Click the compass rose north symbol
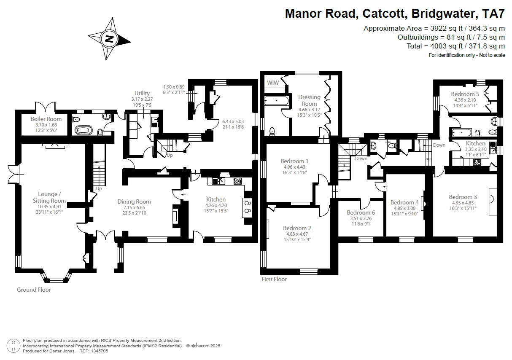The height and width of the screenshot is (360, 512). click(109, 39)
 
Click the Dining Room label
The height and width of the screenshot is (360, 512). click(134, 201)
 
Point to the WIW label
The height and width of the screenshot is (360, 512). click(273, 83)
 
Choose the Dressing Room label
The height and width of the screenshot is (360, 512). click(309, 100)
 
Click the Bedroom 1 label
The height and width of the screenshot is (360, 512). click(294, 161)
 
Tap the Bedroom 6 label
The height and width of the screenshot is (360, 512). click(361, 212)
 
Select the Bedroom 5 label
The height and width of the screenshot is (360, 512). click(465, 94)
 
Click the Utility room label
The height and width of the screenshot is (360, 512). click(142, 93)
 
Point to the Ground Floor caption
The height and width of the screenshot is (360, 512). click(34, 290)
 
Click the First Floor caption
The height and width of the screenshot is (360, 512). click(274, 279)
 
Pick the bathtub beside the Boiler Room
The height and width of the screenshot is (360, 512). click(83, 130)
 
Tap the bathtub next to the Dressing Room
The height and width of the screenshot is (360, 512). click(276, 101)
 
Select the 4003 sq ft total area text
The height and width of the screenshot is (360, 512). click(455, 46)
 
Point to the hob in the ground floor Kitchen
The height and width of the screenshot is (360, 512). click(237, 181)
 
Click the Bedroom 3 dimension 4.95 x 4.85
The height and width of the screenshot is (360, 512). click(463, 203)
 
